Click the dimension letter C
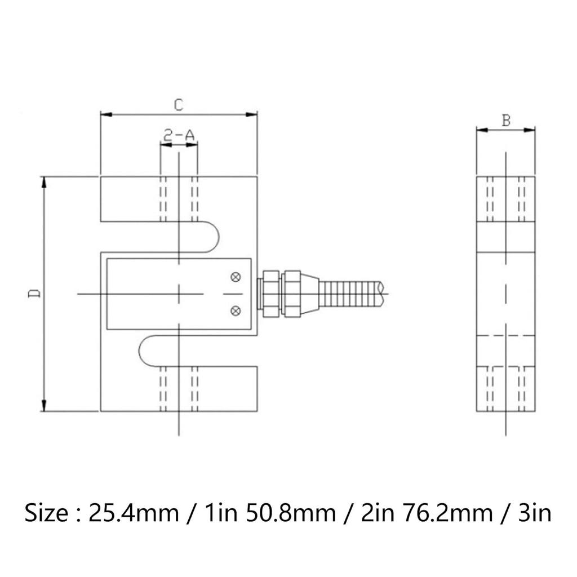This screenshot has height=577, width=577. click(x=178, y=105)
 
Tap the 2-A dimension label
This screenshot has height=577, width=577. click(x=179, y=135)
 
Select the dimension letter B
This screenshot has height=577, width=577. click(x=506, y=120)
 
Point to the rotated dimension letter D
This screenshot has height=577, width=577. click(x=34, y=294)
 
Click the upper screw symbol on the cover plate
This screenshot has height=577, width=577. click(x=236, y=277)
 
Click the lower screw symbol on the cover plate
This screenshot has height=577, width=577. click(x=236, y=309)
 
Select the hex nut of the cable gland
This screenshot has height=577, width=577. click(x=270, y=293)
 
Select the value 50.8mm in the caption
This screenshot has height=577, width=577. click(x=287, y=514)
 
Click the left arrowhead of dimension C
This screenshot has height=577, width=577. click(x=105, y=114)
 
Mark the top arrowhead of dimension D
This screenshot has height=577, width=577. click(x=43, y=181)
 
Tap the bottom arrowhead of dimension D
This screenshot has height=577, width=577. click(x=43, y=406)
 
